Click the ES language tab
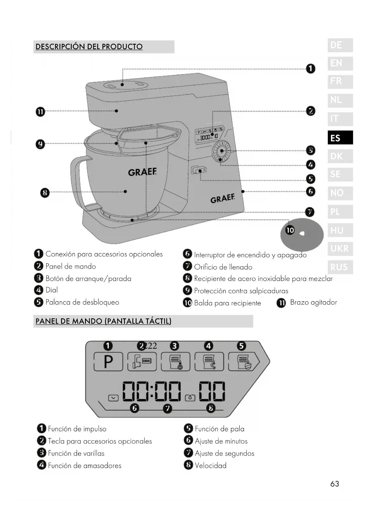(x=340, y=138)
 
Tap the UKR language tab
(x=340, y=249)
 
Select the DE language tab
(x=340, y=45)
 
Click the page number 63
(x=334, y=484)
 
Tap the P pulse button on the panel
(x=108, y=362)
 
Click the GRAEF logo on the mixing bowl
(x=142, y=172)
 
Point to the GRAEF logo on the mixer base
(x=222, y=199)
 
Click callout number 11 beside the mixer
(x=40, y=112)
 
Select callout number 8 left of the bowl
(x=45, y=193)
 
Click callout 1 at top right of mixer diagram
(x=311, y=69)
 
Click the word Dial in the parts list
(x=52, y=290)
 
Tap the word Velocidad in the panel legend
(x=211, y=466)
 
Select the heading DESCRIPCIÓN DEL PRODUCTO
(x=89, y=47)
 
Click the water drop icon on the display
(x=190, y=398)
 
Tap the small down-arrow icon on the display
(x=113, y=398)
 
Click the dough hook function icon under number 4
(x=209, y=362)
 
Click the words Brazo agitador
(x=314, y=302)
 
